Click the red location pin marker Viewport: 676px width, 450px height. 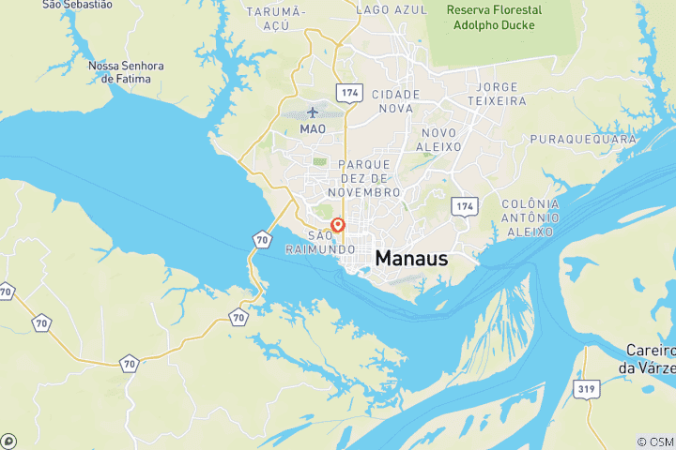(x=338, y=225)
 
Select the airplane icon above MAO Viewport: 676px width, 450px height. (x=313, y=112)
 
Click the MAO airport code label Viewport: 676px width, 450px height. (x=313, y=127)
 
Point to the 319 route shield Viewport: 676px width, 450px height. (x=588, y=388)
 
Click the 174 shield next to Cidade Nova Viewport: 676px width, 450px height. (x=350, y=93)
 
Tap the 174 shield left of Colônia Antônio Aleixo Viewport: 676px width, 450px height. (x=464, y=204)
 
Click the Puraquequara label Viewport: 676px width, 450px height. (x=583, y=140)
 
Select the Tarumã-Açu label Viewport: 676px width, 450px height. (x=276, y=18)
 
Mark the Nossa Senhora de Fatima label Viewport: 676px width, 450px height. (x=126, y=72)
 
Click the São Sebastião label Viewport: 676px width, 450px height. (x=77, y=5)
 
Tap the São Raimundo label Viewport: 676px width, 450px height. (x=319, y=242)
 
